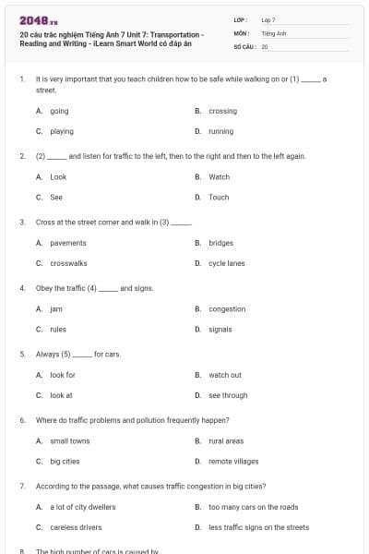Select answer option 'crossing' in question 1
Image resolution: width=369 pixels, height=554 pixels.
coord(222,111)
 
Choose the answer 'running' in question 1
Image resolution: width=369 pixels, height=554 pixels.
coord(220,131)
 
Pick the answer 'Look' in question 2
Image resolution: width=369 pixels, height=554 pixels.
coord(58,176)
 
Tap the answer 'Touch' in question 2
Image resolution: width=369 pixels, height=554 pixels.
coord(219,197)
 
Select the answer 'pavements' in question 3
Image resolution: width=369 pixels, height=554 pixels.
coord(68,243)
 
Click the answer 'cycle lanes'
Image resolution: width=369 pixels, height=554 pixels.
coord(227,263)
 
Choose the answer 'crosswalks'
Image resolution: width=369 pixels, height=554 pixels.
coord(68,263)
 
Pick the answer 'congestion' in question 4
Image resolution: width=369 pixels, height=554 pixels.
coord(227,309)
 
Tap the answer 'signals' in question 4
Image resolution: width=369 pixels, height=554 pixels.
coord(220,329)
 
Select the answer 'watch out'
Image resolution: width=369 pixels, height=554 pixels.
coord(224,375)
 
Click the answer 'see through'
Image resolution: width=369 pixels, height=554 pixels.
coord(228,395)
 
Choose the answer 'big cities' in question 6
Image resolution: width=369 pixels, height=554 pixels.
coord(65,461)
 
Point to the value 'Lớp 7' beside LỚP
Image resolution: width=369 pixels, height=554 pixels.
coord(268,19)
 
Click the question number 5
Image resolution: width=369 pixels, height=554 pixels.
coord(21,354)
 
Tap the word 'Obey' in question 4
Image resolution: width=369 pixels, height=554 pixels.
coord(44,288)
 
